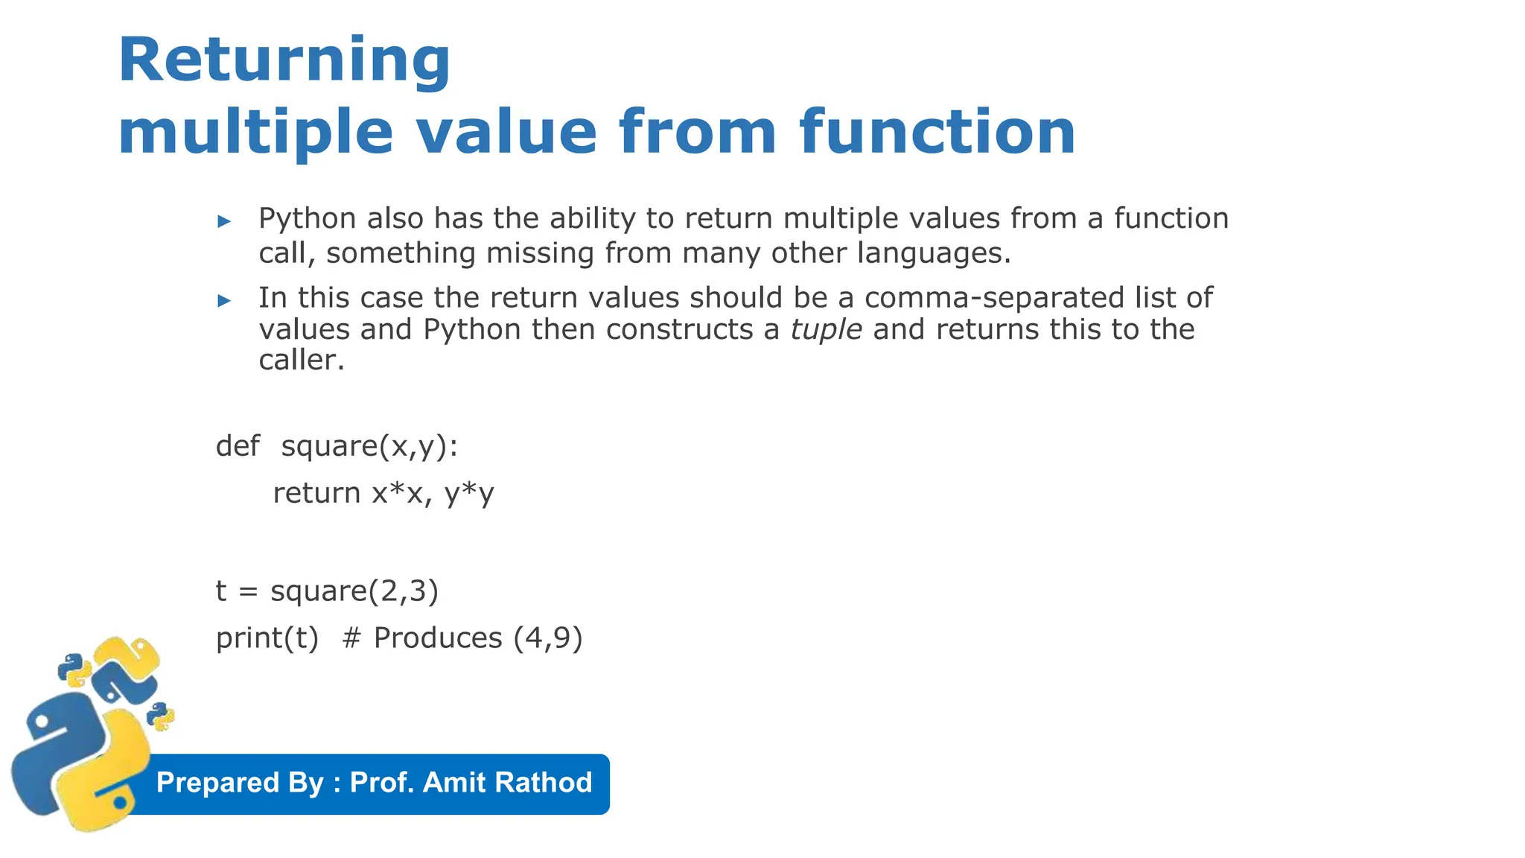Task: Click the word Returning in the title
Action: (284, 61)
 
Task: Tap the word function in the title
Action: (937, 132)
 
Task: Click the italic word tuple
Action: (826, 329)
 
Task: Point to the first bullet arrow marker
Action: (224, 221)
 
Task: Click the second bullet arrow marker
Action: (224, 301)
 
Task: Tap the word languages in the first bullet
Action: (933, 253)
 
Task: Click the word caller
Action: (302, 360)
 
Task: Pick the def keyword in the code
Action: (238, 446)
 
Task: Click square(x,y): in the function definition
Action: (369, 446)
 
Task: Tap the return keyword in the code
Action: (316, 493)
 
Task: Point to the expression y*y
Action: (469, 493)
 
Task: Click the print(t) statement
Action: (267, 638)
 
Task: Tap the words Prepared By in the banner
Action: (240, 783)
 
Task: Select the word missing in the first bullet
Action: (539, 253)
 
